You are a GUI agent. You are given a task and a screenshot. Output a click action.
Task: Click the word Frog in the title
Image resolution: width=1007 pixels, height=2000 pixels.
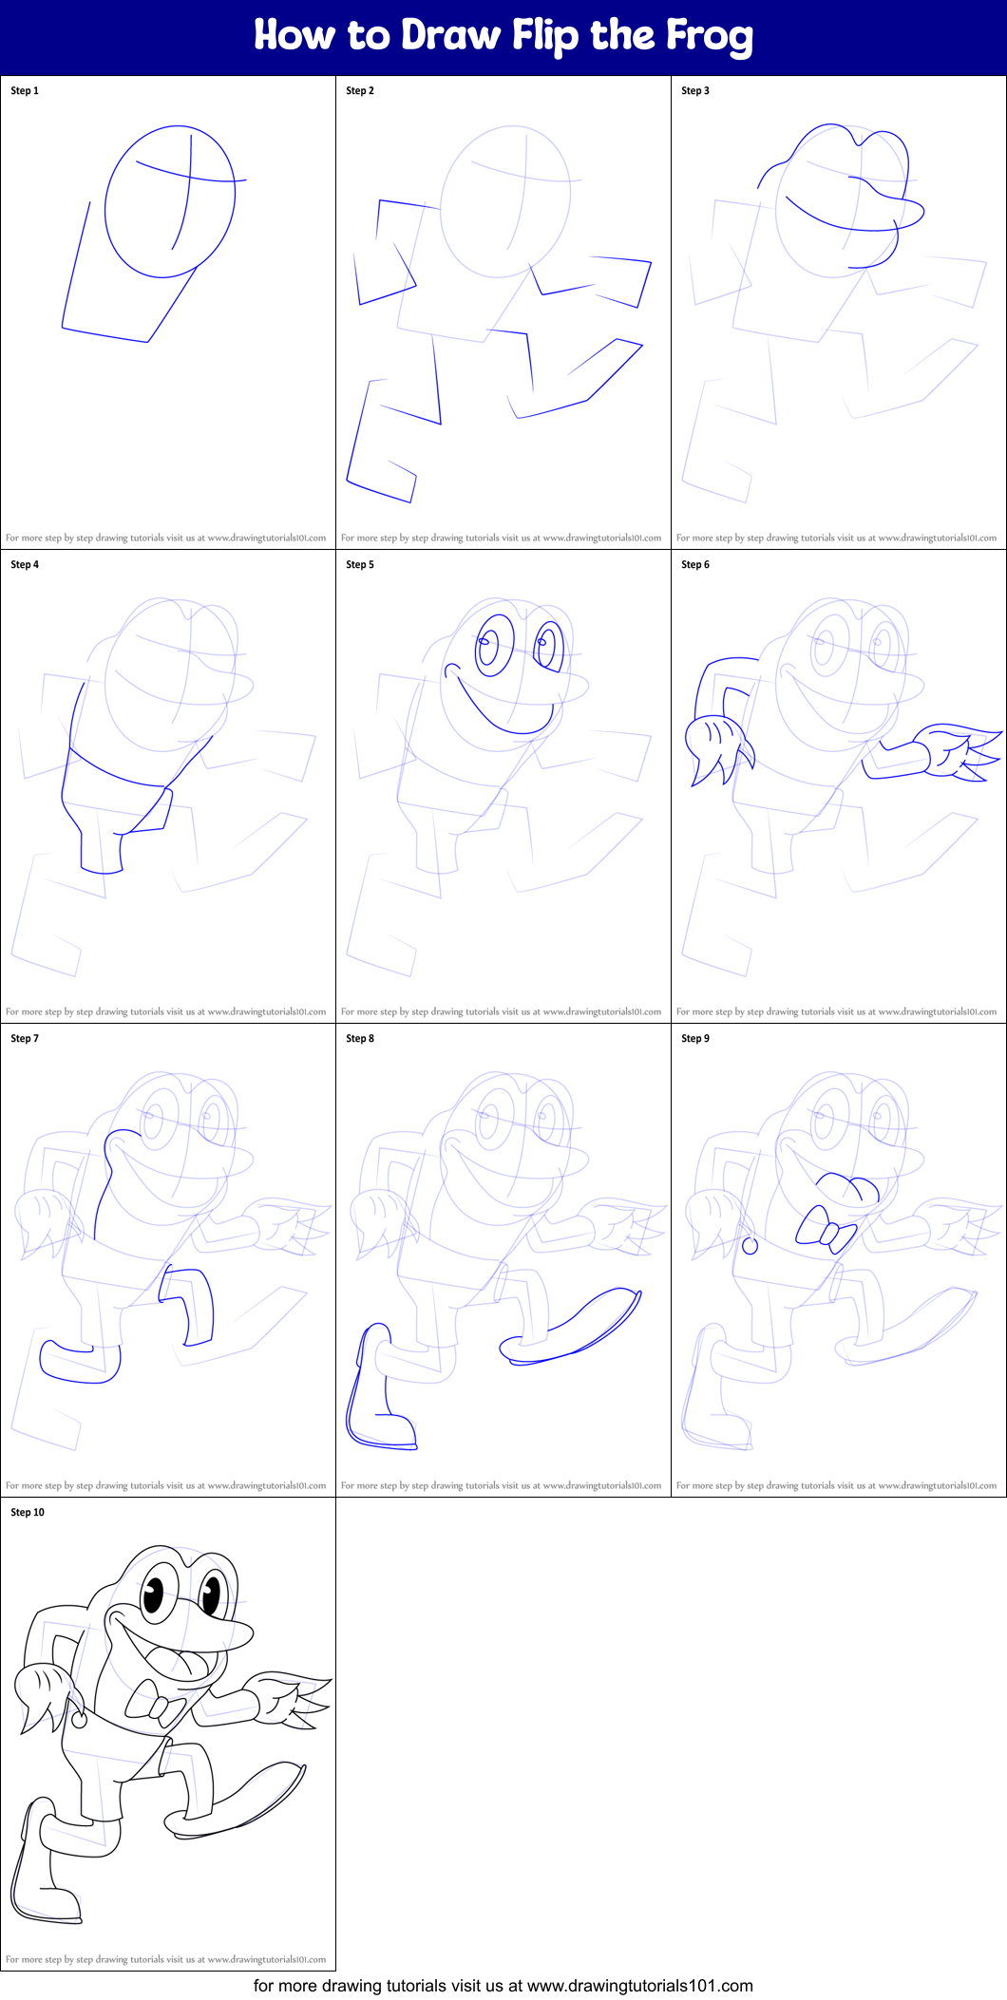coord(709,36)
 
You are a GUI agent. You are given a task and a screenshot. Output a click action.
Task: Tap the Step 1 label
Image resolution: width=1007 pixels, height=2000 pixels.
coord(25,91)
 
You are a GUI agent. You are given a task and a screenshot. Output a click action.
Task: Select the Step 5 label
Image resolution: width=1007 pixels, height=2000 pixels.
coord(360,565)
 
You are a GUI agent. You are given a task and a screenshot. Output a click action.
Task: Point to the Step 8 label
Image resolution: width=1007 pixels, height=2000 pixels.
coord(360,1039)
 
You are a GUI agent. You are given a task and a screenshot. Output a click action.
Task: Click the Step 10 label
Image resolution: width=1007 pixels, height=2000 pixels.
coord(28,1513)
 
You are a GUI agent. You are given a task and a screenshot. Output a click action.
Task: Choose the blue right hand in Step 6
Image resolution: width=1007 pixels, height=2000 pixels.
coord(955,750)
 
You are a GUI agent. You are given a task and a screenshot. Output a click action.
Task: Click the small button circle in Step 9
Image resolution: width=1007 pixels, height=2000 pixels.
coord(750,1247)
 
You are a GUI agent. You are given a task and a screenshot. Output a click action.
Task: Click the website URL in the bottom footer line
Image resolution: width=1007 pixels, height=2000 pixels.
coord(639,1986)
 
